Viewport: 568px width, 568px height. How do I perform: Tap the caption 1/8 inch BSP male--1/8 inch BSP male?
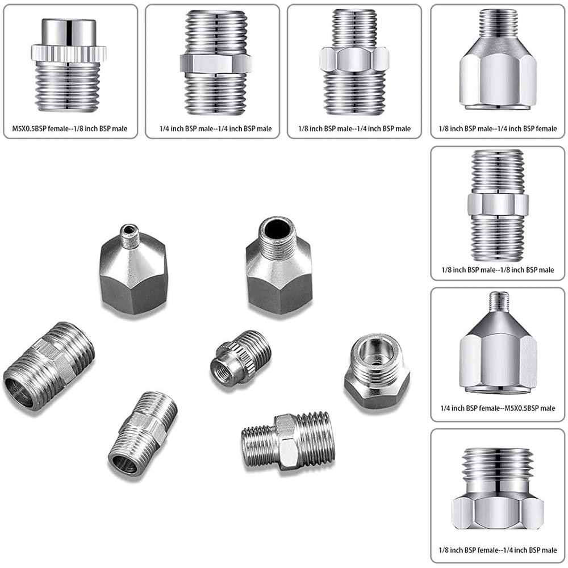(498, 270)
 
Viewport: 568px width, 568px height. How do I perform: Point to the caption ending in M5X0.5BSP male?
(498, 408)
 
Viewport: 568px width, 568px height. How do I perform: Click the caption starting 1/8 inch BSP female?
(498, 550)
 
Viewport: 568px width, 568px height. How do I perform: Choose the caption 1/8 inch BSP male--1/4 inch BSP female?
(498, 129)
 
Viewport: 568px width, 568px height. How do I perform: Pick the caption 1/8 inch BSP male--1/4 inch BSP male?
(354, 129)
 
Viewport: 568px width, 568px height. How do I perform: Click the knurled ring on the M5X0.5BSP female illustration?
(69, 54)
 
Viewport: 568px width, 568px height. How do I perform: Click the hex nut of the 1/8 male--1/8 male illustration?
(498, 205)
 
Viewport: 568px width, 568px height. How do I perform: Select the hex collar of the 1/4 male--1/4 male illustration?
(216, 62)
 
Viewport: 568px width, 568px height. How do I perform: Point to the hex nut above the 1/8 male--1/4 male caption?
(354, 59)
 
